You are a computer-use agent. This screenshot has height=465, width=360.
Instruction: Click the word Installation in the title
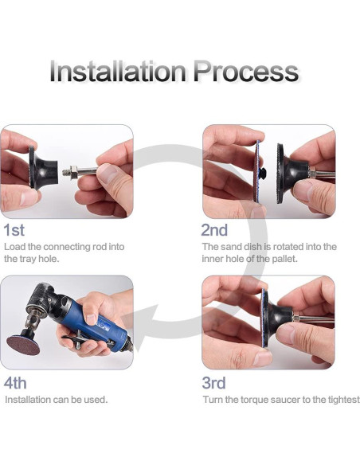point(118,71)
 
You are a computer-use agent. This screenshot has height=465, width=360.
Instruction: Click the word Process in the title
point(246,72)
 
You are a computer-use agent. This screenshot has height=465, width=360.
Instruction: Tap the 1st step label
point(14,230)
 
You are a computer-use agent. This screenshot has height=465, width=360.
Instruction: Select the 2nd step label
point(214,230)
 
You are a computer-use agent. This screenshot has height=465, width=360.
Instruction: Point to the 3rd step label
point(213,383)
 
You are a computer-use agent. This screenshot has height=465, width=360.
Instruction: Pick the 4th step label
point(15,383)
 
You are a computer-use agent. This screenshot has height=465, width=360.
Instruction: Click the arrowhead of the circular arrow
point(142,328)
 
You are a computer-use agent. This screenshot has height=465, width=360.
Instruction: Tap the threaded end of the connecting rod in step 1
point(69,172)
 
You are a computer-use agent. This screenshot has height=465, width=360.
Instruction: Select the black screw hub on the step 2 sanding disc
point(262,173)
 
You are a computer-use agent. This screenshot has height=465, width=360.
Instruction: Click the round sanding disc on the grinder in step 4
point(23,346)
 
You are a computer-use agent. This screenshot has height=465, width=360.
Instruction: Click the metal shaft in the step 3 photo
point(314,319)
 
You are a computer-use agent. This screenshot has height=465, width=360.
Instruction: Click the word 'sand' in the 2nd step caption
point(231,247)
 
